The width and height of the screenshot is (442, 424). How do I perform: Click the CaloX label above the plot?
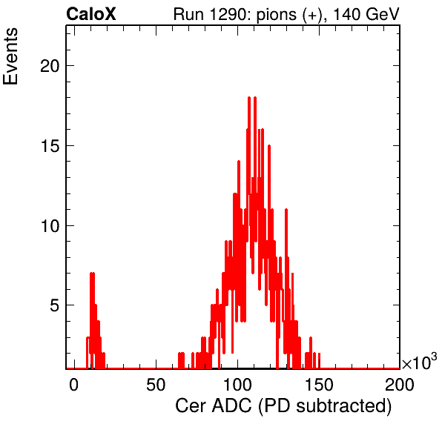[x=91, y=14]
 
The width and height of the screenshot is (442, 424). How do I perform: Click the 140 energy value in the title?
[x=346, y=14]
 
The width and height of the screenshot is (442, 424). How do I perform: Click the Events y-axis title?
[x=10, y=56]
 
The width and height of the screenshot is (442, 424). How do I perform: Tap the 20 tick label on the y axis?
[x=50, y=67]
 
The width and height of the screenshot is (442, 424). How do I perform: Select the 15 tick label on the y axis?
[x=50, y=147]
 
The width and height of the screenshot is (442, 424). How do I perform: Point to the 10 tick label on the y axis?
[x=50, y=227]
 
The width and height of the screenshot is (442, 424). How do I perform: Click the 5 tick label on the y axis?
[x=55, y=306]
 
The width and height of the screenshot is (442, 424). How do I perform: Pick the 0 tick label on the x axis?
[x=73, y=385]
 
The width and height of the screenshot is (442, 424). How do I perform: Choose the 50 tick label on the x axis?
[x=156, y=385]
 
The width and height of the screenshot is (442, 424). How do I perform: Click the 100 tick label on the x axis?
[x=237, y=385]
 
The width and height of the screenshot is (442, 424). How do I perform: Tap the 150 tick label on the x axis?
[x=319, y=385]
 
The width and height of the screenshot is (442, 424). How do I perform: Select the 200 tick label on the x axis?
[x=400, y=385]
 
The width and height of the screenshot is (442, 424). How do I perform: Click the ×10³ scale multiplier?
[x=420, y=362]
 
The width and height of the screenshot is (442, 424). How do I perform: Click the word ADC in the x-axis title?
[x=231, y=406]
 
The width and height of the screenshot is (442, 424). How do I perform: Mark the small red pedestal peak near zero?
[x=95, y=321]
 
